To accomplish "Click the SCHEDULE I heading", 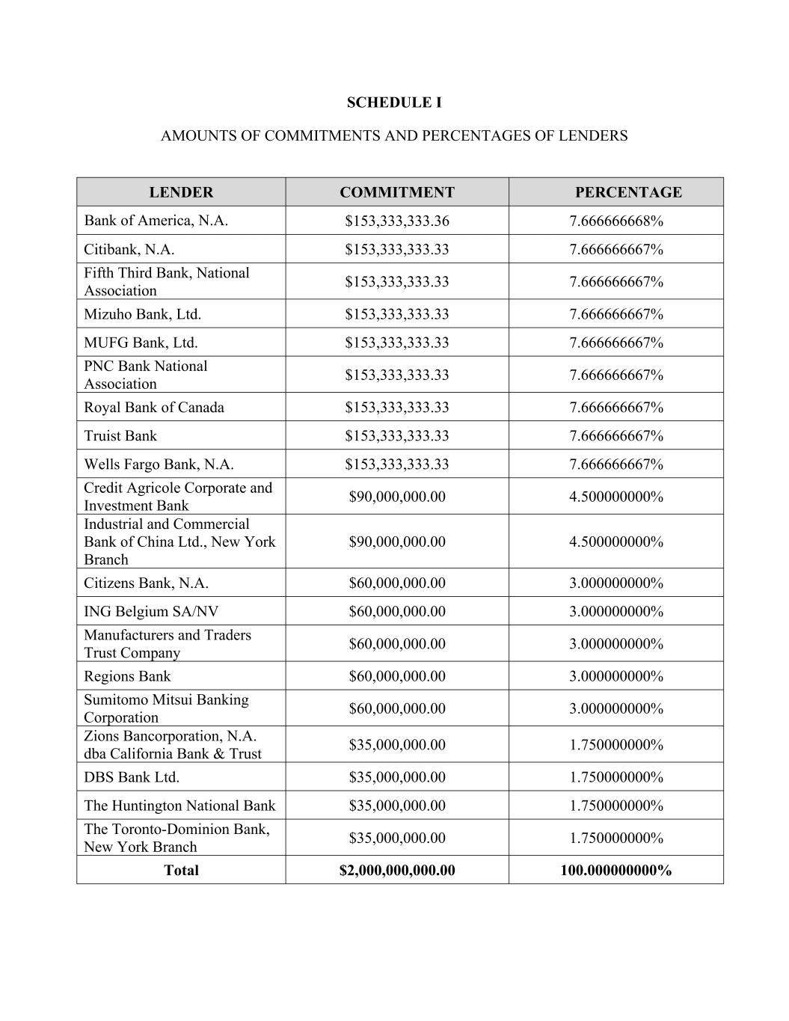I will [x=394, y=102].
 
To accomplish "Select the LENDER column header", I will [x=181, y=192].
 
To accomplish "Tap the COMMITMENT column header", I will [x=396, y=192].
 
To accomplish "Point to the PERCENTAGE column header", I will [x=628, y=192].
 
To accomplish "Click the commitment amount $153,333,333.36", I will [x=396, y=221].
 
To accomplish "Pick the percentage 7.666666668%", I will [x=616, y=221].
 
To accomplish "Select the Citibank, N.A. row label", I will [x=129, y=249].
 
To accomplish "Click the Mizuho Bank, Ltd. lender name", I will [x=142, y=314].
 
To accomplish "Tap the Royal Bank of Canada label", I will [x=153, y=408].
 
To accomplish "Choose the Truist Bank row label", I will [x=120, y=436].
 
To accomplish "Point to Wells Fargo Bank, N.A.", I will [x=159, y=464].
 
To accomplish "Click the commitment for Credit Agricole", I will [x=396, y=497].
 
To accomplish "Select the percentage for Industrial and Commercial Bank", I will [x=616, y=542].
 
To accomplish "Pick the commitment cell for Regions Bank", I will [x=396, y=676].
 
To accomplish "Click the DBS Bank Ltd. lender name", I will [x=132, y=777].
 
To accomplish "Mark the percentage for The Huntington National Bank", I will [x=616, y=806].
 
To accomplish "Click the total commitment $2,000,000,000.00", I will [x=396, y=870].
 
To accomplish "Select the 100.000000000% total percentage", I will [x=616, y=870].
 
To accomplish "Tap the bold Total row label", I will [x=181, y=870].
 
